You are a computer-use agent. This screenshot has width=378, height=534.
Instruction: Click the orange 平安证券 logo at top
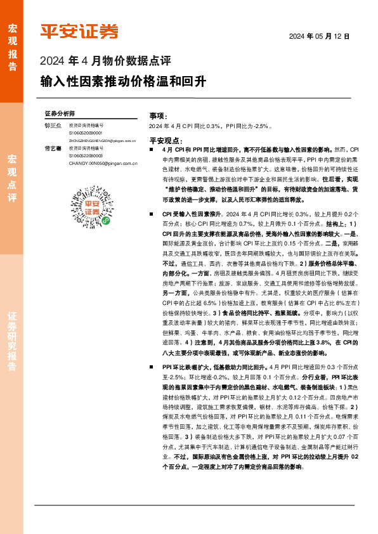pyautogui.click(x=79, y=31)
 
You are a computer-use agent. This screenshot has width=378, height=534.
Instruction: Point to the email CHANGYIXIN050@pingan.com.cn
pyautogui.click(x=103, y=163)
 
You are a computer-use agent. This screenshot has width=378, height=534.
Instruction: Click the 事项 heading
pyautogui.click(x=158, y=117)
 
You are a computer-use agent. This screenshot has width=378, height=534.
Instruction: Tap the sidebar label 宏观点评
pyautogui.click(x=13, y=179)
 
